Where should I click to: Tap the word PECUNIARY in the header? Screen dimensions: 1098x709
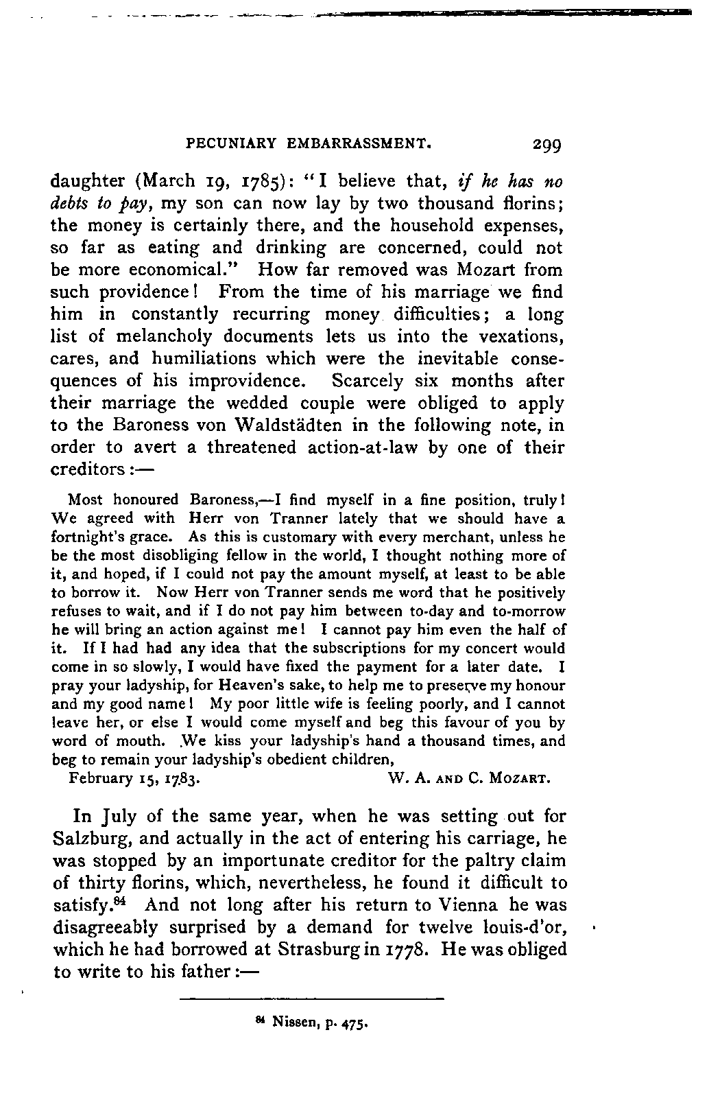(231, 144)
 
